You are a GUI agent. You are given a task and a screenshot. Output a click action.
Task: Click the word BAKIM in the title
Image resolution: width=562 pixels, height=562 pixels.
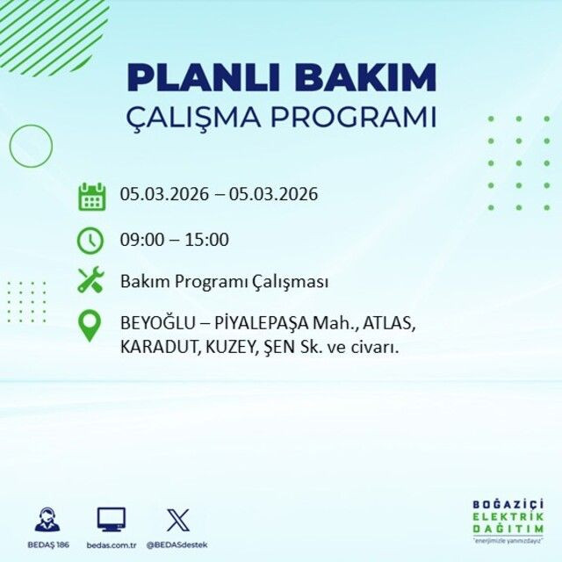point(365,77)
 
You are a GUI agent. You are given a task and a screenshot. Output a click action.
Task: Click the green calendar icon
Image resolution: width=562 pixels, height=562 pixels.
point(91,196)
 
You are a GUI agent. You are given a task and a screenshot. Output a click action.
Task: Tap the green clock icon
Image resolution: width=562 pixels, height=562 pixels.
point(91,239)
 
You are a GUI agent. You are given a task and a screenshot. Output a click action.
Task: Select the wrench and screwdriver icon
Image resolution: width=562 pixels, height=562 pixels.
point(91,282)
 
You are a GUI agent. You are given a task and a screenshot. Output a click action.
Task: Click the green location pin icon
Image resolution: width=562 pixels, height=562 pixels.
point(90,326)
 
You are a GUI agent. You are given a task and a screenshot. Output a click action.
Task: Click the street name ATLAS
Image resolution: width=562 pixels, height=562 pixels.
point(388,323)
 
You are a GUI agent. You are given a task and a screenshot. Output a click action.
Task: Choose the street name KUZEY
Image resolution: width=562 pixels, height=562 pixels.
point(228,347)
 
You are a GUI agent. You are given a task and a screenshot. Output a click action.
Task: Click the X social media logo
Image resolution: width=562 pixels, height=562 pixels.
point(177,519)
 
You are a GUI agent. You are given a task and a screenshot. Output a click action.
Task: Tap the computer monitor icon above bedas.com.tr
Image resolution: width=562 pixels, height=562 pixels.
point(111,519)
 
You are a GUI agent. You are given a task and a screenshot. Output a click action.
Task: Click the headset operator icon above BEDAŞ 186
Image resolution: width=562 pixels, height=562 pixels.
point(47,519)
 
